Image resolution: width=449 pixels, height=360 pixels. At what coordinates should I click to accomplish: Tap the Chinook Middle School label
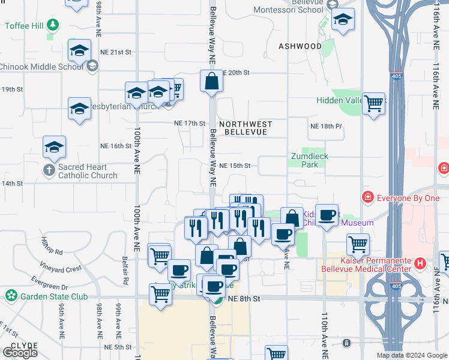point(41,66)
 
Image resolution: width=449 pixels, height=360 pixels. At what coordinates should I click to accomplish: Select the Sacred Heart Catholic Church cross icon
point(50,169)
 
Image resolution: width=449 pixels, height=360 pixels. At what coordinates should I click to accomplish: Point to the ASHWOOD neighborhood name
point(300,46)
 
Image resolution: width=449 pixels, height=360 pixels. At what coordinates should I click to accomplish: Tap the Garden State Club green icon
point(11,295)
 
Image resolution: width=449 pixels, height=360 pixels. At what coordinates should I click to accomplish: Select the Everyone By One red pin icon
point(367,197)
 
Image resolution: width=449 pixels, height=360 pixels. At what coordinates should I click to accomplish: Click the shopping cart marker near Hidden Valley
point(373,103)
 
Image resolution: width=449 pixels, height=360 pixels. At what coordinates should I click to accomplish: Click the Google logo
point(20,353)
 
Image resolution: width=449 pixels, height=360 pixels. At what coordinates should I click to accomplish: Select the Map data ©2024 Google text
point(412,355)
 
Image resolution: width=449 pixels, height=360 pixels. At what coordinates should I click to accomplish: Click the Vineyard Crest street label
point(61,269)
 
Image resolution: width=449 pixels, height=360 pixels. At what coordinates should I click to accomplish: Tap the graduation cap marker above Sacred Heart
point(54,147)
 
